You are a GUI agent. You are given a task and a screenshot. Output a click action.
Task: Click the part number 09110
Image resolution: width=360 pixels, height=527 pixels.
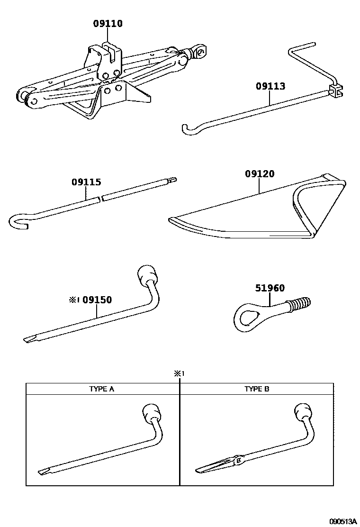pyautogui.click(x=108, y=23)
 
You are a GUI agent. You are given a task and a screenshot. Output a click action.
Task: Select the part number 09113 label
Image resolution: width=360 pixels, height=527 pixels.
pyautogui.click(x=270, y=86)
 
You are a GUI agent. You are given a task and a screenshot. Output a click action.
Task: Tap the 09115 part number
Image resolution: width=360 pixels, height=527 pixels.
pyautogui.click(x=86, y=182)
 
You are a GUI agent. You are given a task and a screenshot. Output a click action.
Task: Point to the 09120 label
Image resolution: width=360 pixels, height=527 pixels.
pyautogui.click(x=260, y=174)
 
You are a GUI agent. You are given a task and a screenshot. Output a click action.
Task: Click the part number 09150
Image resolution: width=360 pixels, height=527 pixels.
pyautogui.click(x=97, y=300)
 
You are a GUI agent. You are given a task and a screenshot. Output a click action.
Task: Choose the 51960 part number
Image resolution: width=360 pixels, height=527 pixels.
pyautogui.click(x=270, y=288)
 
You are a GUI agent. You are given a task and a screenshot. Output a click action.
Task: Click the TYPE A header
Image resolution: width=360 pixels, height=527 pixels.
pyautogui.click(x=102, y=389)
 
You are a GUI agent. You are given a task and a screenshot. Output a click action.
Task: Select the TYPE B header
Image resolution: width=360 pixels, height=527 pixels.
pyautogui.click(x=257, y=389)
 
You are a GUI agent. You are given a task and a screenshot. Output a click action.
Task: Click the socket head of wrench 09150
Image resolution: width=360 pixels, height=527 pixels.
pyautogui.click(x=147, y=275)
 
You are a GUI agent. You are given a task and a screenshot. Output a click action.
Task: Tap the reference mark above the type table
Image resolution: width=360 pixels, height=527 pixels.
pyautogui.click(x=178, y=373)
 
